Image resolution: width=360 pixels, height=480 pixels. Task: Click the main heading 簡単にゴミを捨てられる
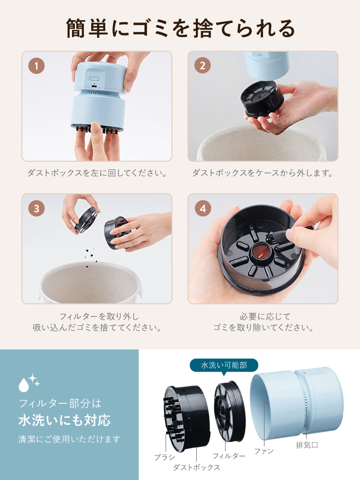180,28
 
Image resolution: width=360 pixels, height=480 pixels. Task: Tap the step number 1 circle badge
36,66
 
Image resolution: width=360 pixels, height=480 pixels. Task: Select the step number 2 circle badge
202,66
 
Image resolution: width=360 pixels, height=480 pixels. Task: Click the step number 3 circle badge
36,208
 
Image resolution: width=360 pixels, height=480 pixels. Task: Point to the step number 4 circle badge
202,208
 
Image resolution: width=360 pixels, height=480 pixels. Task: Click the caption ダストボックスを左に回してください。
96,173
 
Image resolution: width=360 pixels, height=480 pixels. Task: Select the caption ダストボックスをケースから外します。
263,173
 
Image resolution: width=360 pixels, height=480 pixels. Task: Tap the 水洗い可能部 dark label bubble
224,365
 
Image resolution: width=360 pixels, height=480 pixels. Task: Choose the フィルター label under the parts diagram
229,456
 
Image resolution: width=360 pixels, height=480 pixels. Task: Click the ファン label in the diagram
264,452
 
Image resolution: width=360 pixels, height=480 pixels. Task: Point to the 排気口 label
307,445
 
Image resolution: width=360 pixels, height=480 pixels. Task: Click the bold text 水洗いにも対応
64,420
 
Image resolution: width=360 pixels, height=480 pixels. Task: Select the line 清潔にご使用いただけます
69,439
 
